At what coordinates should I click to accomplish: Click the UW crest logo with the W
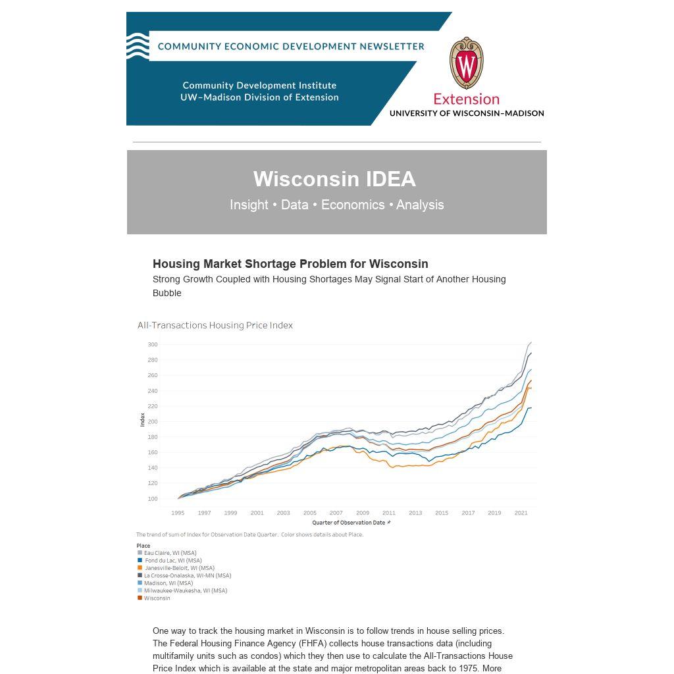coord(466,63)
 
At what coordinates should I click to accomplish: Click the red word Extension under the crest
coord(466,99)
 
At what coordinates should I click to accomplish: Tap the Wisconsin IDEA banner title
coord(334,179)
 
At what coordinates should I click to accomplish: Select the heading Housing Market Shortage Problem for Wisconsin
coord(290,264)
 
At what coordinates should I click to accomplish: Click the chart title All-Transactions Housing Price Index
coord(215,325)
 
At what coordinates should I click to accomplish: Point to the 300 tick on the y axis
coord(153,345)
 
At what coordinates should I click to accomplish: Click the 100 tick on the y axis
coord(153,499)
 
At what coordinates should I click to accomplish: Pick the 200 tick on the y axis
coord(153,422)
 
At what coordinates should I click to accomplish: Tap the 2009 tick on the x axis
coord(363,513)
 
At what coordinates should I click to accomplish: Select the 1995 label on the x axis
coord(178,513)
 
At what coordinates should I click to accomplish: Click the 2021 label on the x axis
coord(521,513)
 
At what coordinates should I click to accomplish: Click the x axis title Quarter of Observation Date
coord(349,523)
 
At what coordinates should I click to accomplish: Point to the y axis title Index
coord(142,419)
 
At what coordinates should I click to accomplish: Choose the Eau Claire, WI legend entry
coord(170,553)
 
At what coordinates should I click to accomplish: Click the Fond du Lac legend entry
coord(172,561)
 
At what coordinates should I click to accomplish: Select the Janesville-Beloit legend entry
coord(179,568)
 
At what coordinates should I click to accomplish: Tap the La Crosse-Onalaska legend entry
coord(187,576)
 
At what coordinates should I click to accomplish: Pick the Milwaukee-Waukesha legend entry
coord(185,591)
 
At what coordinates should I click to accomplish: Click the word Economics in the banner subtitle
coord(353,205)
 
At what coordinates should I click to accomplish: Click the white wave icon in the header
coord(138,46)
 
